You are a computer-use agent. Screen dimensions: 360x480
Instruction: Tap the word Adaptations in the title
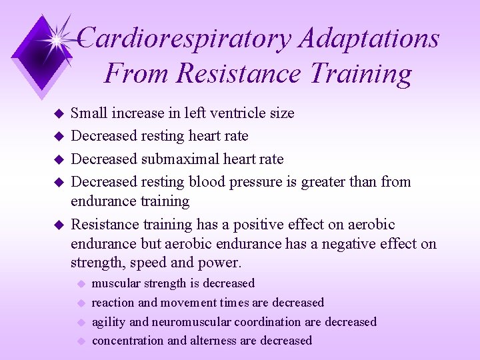tap(369, 38)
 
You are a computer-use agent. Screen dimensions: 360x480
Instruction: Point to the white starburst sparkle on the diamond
tap(59, 38)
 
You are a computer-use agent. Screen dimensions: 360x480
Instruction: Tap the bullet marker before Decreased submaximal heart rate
tap(58, 159)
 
